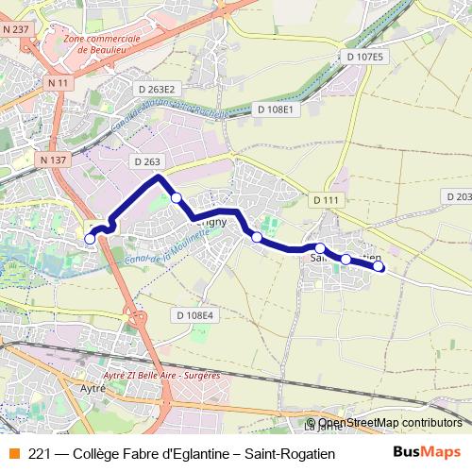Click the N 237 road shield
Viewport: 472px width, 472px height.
click(16, 29)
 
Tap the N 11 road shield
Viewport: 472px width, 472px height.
click(58, 83)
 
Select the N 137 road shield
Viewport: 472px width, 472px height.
click(54, 160)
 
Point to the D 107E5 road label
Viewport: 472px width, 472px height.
click(364, 57)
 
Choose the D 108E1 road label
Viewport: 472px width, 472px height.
click(277, 110)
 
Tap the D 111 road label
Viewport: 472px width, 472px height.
click(324, 199)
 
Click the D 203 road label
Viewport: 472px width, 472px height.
click(457, 195)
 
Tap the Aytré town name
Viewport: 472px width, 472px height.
click(92, 388)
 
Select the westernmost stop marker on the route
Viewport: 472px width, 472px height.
click(91, 239)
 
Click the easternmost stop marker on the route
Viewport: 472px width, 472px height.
click(379, 266)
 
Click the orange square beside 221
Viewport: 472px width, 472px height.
click(13, 453)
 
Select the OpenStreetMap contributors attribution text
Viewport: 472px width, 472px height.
click(390, 423)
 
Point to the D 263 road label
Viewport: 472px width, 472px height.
click(147, 161)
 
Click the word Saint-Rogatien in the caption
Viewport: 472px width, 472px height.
click(290, 453)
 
